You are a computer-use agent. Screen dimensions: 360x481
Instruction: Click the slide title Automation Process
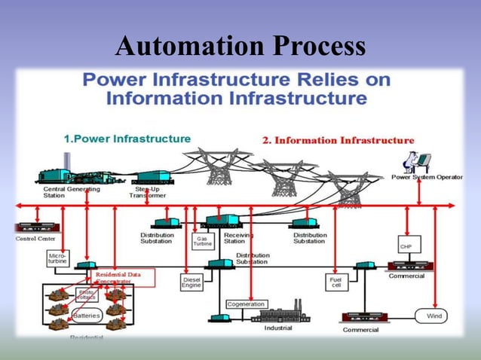tap(240, 47)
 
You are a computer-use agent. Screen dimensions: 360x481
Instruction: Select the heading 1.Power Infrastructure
tap(127, 139)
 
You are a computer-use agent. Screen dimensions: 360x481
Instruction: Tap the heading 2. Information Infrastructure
tap(338, 140)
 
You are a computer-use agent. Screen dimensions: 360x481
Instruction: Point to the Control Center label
tap(35, 239)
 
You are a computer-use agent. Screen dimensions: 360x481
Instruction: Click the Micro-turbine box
tap(57, 260)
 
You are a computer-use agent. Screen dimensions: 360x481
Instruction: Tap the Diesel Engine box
tap(191, 282)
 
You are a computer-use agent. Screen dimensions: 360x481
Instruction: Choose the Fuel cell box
tap(335, 282)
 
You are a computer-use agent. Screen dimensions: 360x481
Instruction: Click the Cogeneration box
tap(246, 304)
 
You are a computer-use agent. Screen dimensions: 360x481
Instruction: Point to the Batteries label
tap(87, 316)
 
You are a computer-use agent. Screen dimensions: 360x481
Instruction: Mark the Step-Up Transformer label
tap(148, 191)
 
